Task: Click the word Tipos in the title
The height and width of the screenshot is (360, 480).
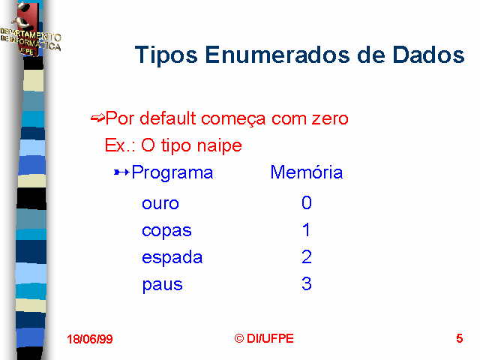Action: click(x=166, y=55)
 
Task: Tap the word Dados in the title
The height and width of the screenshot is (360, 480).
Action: click(x=428, y=55)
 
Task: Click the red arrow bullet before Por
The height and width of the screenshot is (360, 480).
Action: click(x=97, y=118)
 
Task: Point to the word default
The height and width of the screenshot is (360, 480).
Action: click(x=168, y=118)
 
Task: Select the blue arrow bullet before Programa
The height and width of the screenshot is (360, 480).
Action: click(x=121, y=172)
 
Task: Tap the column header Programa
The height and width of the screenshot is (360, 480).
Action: click(x=172, y=173)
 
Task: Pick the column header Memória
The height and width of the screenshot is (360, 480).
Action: click(x=307, y=172)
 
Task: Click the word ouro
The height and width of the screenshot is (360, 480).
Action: click(x=160, y=203)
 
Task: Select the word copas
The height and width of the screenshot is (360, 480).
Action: click(x=166, y=232)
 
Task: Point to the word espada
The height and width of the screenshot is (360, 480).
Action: click(x=172, y=257)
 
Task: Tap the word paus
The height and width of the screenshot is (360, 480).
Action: click(x=162, y=285)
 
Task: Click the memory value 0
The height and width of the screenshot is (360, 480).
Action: click(x=307, y=202)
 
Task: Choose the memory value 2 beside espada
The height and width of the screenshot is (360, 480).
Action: click(x=307, y=256)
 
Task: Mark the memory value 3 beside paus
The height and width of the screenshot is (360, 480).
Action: click(x=307, y=283)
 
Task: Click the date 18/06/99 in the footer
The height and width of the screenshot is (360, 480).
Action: click(x=90, y=339)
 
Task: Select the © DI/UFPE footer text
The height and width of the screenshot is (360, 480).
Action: click(x=264, y=338)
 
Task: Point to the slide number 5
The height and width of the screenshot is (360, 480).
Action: click(x=460, y=338)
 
